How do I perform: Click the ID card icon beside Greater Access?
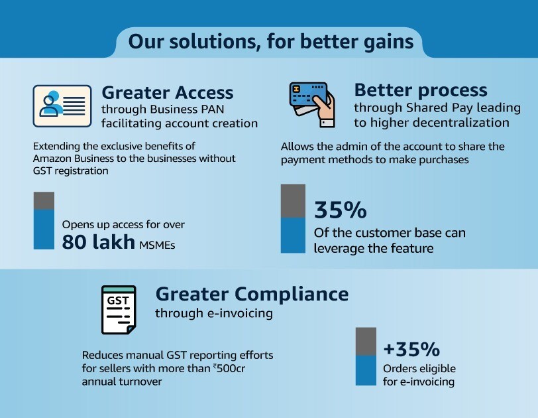click(62, 106)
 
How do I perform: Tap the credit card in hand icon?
click(312, 105)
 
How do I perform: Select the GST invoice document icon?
click(119, 310)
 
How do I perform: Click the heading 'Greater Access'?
click(168, 92)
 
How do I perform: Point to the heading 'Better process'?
click(421, 90)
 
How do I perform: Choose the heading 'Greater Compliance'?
click(252, 294)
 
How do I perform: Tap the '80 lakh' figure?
click(99, 242)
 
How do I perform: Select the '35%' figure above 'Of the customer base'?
click(341, 210)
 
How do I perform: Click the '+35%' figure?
click(411, 349)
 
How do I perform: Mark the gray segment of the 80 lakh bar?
click(44, 200)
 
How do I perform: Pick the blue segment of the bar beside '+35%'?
click(366, 370)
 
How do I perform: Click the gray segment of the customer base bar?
click(293, 201)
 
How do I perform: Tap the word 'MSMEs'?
click(157, 245)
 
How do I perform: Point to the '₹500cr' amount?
click(229, 368)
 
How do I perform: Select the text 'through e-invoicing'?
click(214, 313)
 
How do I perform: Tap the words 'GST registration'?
click(71, 171)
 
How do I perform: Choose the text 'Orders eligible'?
click(419, 368)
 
